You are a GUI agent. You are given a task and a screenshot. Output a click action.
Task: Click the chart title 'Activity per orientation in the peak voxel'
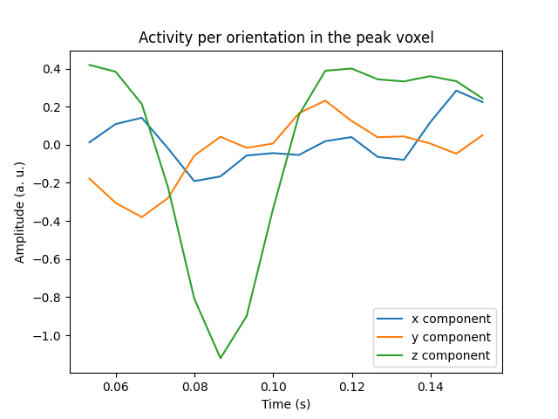(286, 38)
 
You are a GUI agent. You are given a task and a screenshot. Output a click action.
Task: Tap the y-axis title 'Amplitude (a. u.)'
(20, 212)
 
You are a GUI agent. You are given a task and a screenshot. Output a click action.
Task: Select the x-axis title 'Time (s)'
(286, 404)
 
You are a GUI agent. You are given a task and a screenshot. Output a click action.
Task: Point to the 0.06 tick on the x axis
(116, 387)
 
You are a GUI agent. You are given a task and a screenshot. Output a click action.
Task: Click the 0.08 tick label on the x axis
(194, 387)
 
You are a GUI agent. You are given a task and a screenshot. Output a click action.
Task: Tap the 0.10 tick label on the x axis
(273, 387)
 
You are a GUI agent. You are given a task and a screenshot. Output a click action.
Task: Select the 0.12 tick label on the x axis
(351, 387)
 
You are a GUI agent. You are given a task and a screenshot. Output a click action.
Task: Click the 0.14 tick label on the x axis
(430, 387)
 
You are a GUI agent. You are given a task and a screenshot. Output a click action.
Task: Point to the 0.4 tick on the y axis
(52, 69)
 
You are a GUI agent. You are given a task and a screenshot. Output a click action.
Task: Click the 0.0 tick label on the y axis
(52, 145)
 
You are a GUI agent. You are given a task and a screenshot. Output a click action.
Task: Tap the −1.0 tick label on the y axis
(49, 335)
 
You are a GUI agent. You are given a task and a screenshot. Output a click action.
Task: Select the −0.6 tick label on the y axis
(49, 259)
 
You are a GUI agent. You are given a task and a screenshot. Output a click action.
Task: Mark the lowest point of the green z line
(221, 358)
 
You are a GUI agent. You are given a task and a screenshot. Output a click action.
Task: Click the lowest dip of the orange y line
(142, 217)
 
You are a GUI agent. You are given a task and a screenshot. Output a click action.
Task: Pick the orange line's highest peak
(325, 100)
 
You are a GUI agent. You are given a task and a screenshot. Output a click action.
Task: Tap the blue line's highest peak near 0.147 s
(456, 91)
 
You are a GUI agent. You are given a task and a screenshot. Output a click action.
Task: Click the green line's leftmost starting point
(90, 65)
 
